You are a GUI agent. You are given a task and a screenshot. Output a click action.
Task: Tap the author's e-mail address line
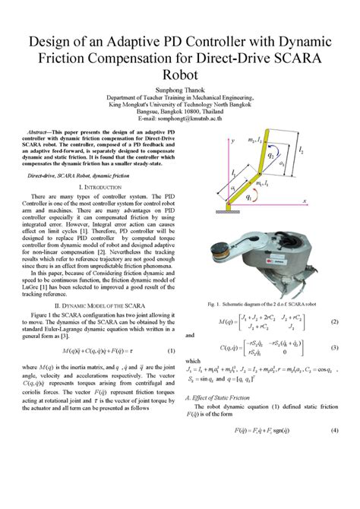click(180, 119)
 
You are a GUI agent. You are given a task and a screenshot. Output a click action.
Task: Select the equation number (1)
click(171, 350)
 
